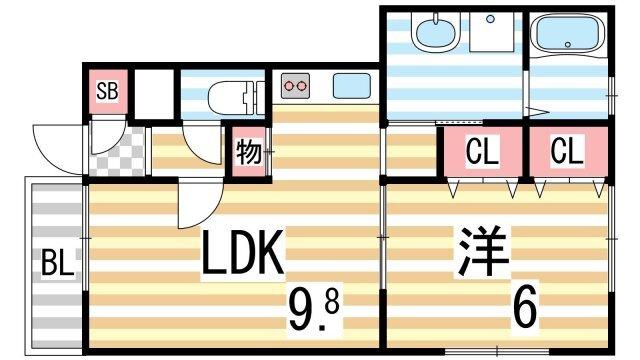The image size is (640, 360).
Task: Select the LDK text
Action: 244,256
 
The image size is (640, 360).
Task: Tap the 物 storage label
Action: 249,153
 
